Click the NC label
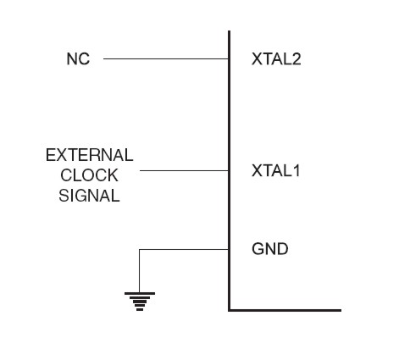(78, 59)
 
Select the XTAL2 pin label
(276, 59)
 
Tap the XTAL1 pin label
(275, 170)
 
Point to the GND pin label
(270, 249)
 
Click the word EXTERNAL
(90, 155)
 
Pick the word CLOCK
(89, 175)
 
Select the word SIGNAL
(89, 196)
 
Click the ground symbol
(140, 302)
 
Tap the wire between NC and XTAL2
(166, 58)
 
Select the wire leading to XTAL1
(184, 170)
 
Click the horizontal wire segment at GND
(184, 249)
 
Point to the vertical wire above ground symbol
(139, 271)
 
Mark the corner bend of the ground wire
(139, 249)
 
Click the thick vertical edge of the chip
(229, 171)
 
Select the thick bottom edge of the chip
(285, 310)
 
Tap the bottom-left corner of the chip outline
(229, 310)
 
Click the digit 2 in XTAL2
(296, 59)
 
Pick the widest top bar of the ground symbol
(140, 294)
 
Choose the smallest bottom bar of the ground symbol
(140, 310)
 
